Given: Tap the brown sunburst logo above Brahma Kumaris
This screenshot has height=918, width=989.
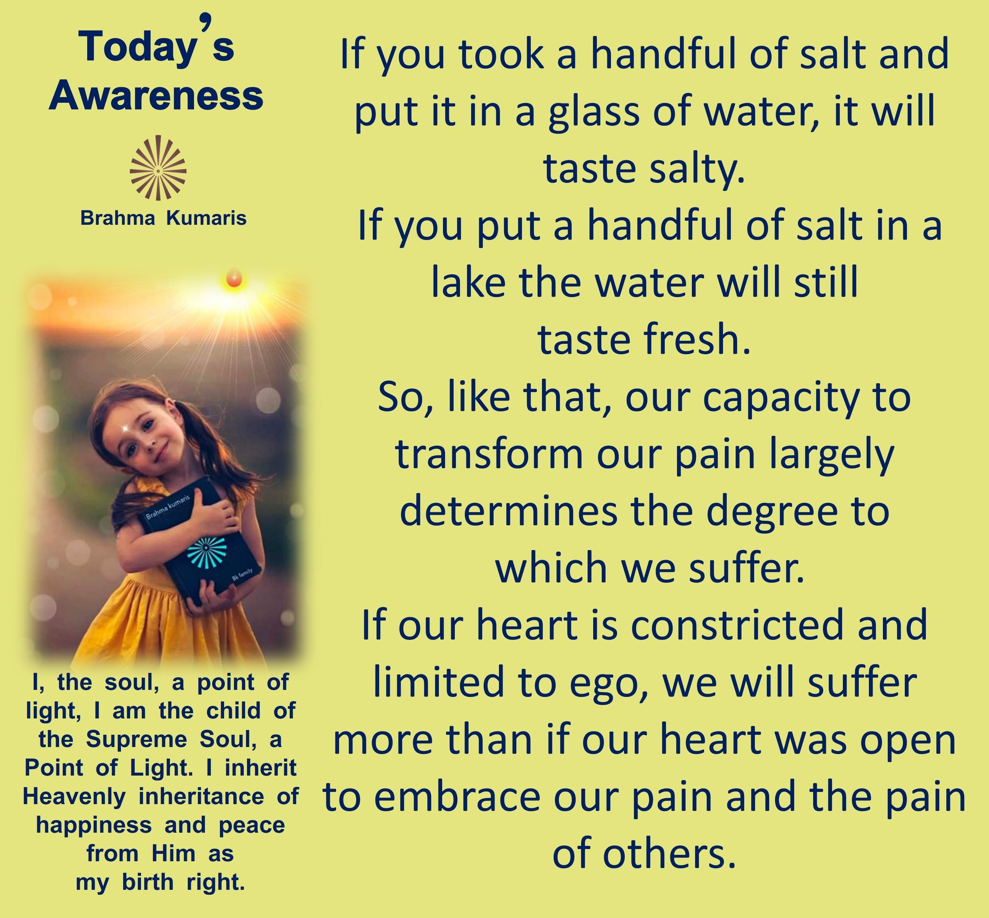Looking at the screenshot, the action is click(158, 168).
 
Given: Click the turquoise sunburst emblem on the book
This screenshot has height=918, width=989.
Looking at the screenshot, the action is click(206, 549).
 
